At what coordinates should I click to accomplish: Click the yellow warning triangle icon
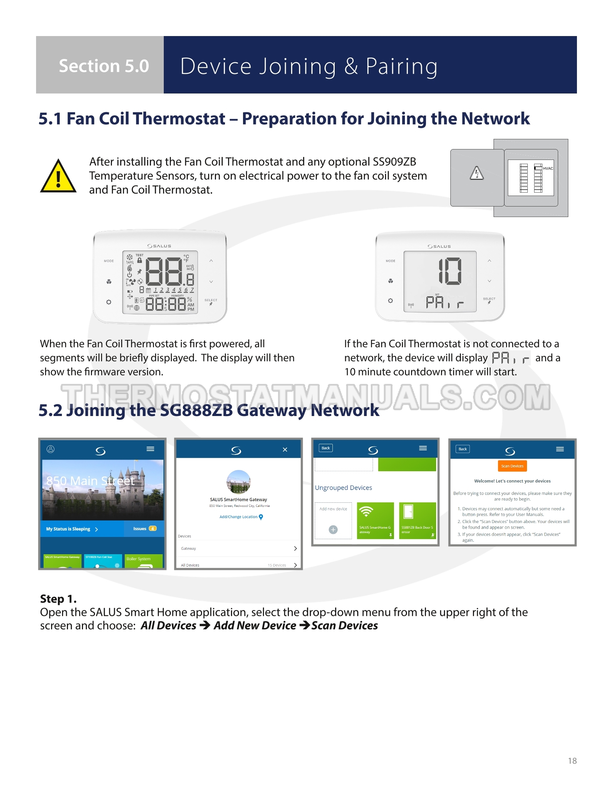(x=58, y=177)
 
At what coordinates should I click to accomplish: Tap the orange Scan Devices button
(x=512, y=466)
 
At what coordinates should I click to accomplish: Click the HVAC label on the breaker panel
(x=548, y=168)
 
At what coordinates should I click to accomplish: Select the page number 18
(x=572, y=761)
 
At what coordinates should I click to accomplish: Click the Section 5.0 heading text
(x=104, y=66)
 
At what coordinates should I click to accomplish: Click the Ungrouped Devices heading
(x=343, y=488)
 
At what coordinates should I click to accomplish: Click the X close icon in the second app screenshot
(x=285, y=449)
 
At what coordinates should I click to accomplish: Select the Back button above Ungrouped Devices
(x=325, y=448)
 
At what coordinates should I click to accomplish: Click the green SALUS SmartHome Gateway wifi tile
(x=375, y=520)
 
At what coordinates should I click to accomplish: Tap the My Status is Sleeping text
(x=68, y=529)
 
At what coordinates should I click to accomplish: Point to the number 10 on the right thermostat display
(x=450, y=271)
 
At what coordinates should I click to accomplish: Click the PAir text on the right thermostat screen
(x=445, y=303)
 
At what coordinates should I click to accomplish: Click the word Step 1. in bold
(x=58, y=599)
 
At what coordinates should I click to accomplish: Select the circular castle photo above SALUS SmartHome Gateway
(x=239, y=482)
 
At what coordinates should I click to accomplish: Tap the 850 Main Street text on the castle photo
(x=90, y=481)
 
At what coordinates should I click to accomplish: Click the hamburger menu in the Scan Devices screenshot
(x=560, y=449)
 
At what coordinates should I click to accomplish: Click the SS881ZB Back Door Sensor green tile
(x=417, y=520)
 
